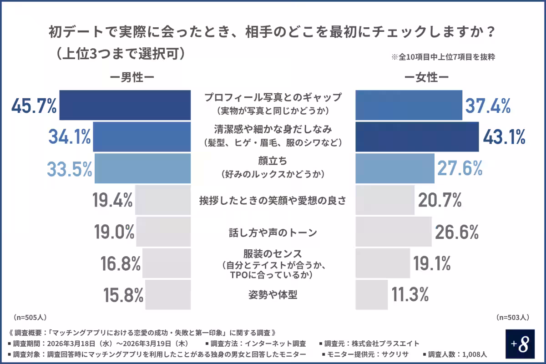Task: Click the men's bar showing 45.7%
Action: click(125, 105)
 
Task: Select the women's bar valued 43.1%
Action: click(417, 136)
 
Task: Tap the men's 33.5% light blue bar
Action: click(142, 168)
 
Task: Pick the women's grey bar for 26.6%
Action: click(393, 232)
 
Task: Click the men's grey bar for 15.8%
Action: click(168, 295)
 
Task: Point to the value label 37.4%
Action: click(487, 106)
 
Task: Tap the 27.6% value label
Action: click(460, 168)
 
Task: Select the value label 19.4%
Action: click(112, 200)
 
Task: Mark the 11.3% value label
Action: click(410, 295)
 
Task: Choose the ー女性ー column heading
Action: click(427, 78)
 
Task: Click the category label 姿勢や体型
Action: click(273, 295)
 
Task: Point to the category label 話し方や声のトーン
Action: click(273, 233)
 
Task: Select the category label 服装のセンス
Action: click(273, 253)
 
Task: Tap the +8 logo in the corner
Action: click(521, 344)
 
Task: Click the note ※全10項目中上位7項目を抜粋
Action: click(443, 57)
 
